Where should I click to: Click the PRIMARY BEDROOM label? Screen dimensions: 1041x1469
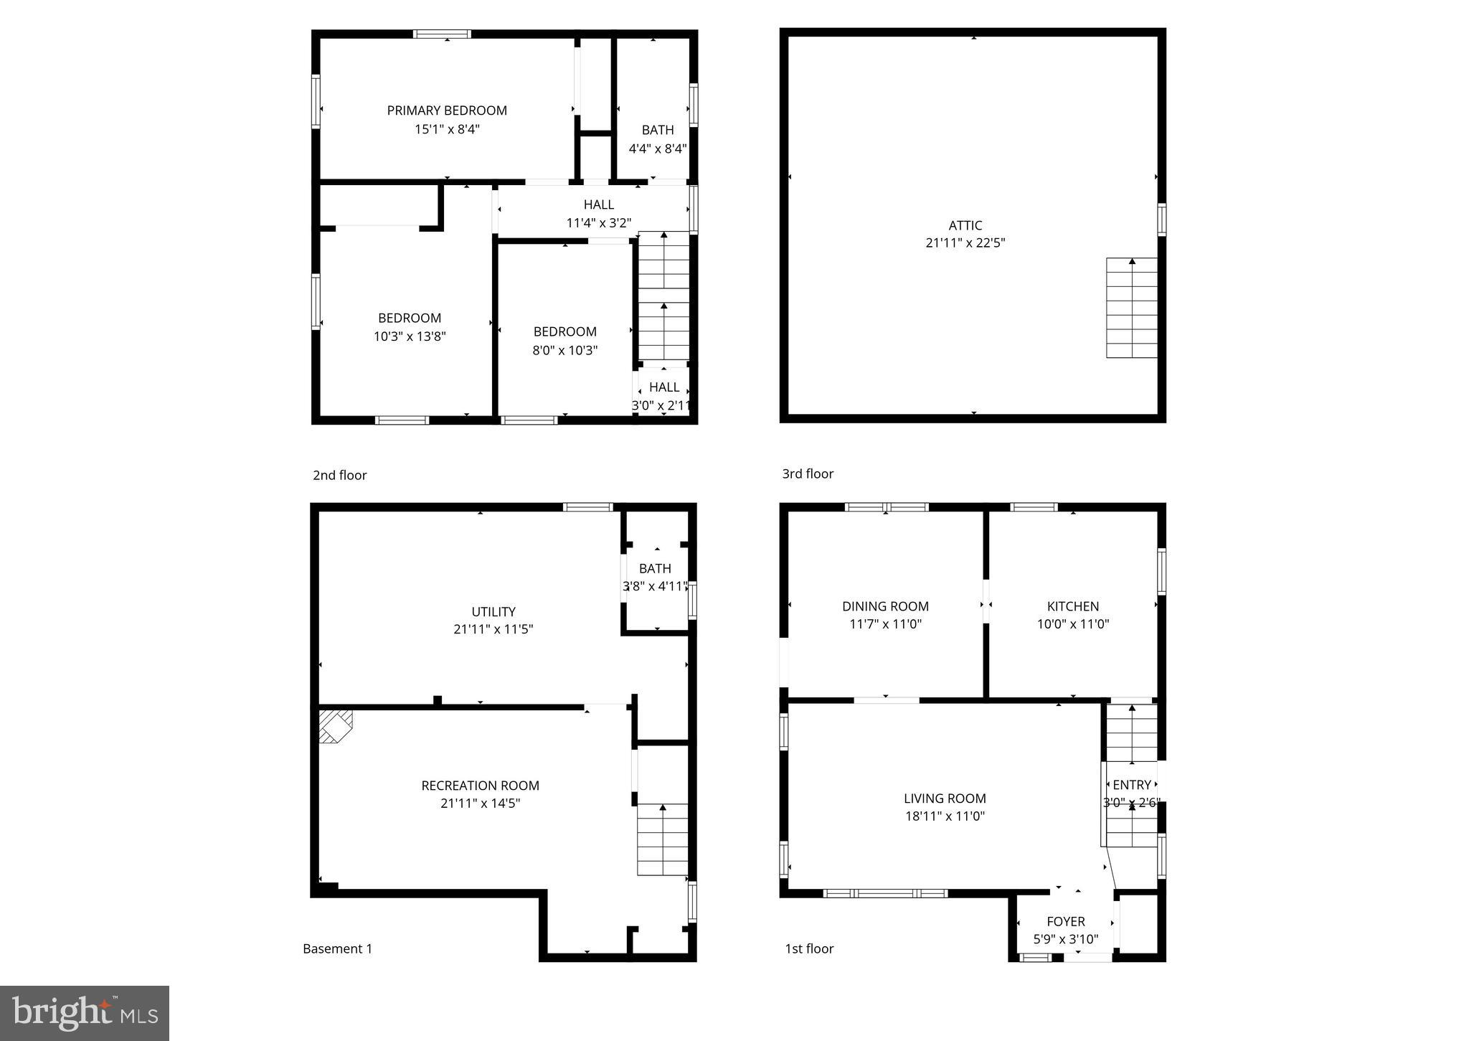[447, 110]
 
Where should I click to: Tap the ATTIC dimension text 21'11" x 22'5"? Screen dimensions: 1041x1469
[965, 242]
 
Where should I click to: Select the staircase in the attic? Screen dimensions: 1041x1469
[1131, 308]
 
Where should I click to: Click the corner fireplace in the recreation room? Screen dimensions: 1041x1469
[334, 726]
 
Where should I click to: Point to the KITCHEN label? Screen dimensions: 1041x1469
[1072, 606]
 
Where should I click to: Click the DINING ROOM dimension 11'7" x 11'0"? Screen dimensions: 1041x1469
[885, 624]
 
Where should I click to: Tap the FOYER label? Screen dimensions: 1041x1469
[1065, 922]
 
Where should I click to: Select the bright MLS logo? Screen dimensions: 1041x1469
[85, 1013]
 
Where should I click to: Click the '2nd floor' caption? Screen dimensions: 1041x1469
[339, 475]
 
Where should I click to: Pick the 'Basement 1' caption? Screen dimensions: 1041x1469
[337, 948]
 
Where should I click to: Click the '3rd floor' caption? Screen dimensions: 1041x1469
[808, 474]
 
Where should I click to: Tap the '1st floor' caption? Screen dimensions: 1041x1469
[809, 948]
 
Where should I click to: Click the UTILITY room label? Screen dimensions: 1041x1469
[493, 612]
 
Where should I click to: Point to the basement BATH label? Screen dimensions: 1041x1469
[655, 568]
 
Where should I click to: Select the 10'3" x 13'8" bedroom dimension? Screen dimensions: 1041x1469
[410, 336]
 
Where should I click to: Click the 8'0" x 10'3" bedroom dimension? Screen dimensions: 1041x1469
[565, 350]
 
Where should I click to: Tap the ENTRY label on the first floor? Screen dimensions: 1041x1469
[1131, 785]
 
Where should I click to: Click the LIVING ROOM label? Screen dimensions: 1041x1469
[944, 799]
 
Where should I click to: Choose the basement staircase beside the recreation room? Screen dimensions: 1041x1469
[662, 839]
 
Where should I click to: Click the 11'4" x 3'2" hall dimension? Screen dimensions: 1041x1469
[598, 223]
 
